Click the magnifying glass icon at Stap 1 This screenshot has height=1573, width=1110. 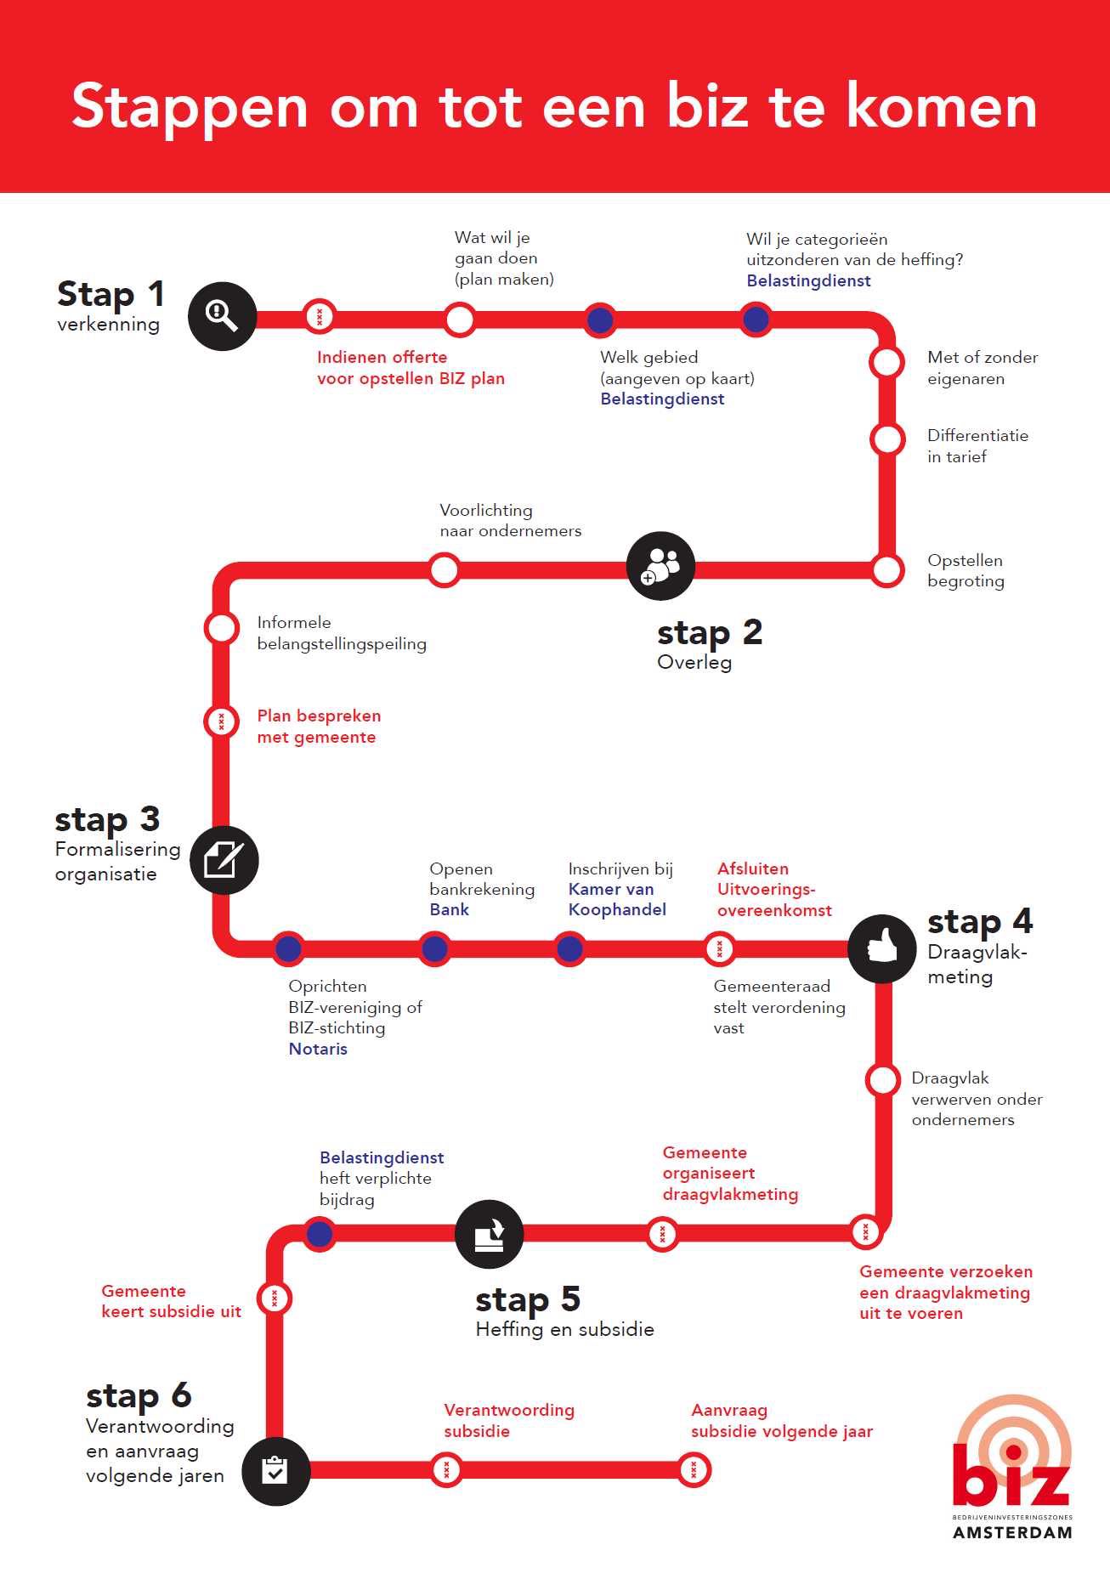pos(222,316)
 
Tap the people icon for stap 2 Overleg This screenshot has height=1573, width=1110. pos(660,566)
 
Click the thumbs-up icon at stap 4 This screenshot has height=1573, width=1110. pos(882,948)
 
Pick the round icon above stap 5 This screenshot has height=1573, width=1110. pos(489,1234)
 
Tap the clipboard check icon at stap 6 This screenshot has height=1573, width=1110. pos(275,1471)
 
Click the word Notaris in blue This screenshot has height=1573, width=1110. pos(318,1049)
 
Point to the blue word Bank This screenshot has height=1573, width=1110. pos(449,909)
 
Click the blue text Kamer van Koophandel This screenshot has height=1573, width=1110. pos(617,899)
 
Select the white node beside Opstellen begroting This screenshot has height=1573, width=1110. pos(886,569)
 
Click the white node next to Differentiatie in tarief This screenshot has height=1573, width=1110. pos(887,439)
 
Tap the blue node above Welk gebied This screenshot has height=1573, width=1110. pos(600,320)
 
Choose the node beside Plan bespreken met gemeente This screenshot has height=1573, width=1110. pos(221,721)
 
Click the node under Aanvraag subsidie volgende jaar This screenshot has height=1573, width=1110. pos(694,1470)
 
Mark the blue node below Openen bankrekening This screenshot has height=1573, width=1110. pos(434,948)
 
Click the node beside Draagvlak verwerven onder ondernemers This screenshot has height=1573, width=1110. pos(882,1080)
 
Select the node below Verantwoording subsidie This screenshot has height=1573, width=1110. pos(446,1470)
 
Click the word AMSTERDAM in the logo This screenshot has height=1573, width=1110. pos(1012,1533)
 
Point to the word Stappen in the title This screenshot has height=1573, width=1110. pos(189,108)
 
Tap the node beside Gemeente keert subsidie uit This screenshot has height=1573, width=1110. pos(275,1299)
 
